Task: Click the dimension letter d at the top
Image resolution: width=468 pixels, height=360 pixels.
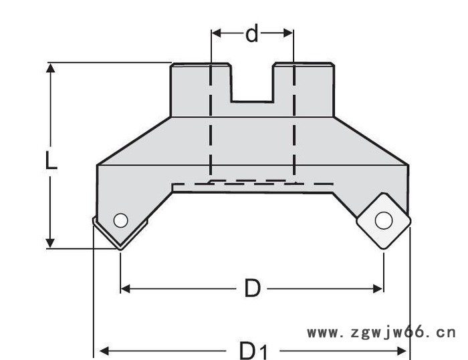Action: click(252, 33)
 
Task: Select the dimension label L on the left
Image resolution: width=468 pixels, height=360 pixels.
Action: click(51, 160)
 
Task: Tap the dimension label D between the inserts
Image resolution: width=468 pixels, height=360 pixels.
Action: click(252, 288)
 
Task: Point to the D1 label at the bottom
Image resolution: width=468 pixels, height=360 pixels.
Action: click(253, 350)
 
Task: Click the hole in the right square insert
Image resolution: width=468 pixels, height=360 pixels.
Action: click(384, 220)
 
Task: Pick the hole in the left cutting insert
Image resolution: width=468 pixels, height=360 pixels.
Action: click(121, 220)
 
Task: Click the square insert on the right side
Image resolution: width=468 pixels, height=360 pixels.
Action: click(384, 221)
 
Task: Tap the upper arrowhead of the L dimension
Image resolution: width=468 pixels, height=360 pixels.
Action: click(50, 67)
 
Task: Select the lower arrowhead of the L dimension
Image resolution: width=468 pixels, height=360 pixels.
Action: click(50, 243)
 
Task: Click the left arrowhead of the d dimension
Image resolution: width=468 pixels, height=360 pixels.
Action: click(216, 33)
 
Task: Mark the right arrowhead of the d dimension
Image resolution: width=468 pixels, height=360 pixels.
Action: click(288, 33)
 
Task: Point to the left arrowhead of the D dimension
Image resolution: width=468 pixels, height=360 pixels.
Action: click(126, 289)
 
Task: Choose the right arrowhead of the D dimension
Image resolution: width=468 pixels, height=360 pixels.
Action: click(378, 289)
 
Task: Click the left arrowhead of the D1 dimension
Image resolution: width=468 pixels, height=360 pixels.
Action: click(104, 351)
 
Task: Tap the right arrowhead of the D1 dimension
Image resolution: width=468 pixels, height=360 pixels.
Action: click(401, 351)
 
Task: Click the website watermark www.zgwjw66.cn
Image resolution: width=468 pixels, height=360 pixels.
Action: click(382, 332)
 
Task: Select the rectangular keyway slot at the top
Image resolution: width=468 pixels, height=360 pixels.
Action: click(252, 83)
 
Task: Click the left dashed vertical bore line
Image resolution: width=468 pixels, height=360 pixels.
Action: click(211, 120)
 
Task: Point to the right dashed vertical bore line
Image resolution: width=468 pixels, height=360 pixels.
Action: click(294, 120)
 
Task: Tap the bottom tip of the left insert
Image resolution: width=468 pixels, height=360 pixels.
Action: click(120, 249)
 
